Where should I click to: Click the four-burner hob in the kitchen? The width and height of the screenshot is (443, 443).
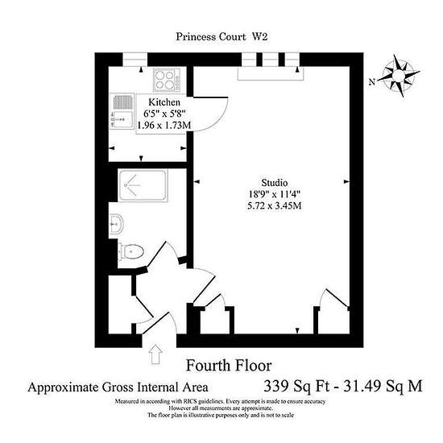167,80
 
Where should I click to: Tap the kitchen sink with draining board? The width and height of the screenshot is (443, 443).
122,111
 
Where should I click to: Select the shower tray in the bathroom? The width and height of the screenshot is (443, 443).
143,185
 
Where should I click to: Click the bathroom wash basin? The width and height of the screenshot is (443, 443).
116,224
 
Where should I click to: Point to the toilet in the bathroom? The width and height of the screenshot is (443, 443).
130,250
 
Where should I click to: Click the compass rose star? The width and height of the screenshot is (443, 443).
399,75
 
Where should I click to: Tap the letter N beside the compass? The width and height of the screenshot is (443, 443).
372,82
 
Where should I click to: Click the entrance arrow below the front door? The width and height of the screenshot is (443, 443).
155,354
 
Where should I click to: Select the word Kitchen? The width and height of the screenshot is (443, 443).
164,102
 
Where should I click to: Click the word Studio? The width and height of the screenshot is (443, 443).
275,183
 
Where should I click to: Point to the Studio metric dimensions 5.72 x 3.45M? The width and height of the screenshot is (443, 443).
275,205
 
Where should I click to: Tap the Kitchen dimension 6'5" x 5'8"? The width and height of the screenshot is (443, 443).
164,114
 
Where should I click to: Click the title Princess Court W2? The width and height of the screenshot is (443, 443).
221,37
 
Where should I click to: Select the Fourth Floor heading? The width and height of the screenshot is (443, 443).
229,366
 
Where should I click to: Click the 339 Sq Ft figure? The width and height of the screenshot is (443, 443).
296,386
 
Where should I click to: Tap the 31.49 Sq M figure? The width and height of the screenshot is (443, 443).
383,386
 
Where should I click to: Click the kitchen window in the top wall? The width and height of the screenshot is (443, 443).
135,60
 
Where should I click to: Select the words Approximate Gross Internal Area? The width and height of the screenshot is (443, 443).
118,387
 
